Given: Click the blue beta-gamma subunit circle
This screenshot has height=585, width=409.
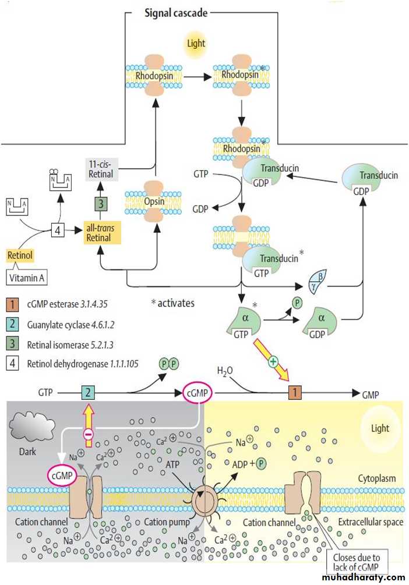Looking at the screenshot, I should pyautogui.click(x=319, y=285).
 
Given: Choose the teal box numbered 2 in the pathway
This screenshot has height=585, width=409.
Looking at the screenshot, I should pyautogui.click(x=87, y=393).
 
